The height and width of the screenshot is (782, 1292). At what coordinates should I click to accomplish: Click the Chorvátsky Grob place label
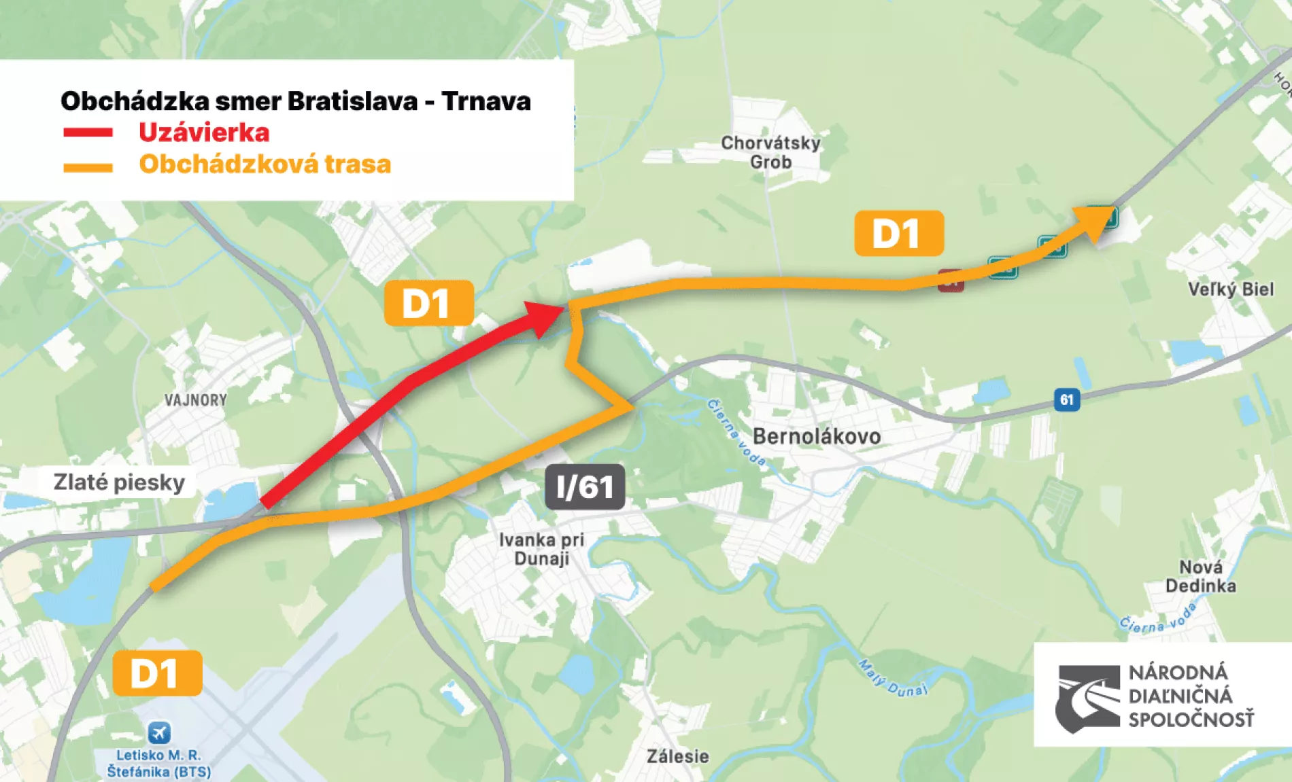[770, 152]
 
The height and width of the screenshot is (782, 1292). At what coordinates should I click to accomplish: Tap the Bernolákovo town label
[817, 436]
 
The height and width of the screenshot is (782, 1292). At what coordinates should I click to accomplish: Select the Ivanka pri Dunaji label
[541, 549]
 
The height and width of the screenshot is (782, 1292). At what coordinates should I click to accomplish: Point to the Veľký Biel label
[1231, 289]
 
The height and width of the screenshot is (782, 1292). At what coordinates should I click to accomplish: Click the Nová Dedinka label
[1200, 576]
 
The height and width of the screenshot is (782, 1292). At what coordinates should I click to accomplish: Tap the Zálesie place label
[677, 756]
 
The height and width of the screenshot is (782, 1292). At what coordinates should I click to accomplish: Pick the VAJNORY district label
[196, 400]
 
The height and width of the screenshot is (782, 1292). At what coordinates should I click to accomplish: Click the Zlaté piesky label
[119, 482]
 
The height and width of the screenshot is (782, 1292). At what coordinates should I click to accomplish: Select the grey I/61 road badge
[585, 486]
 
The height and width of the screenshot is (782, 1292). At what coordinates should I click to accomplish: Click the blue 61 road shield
[1066, 399]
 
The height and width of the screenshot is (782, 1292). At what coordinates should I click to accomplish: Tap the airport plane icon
[159, 733]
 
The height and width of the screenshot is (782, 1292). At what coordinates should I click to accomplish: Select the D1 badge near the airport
[157, 673]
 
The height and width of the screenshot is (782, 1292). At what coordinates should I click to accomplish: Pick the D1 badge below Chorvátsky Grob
[898, 233]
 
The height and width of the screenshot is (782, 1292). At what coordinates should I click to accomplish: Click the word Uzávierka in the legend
[204, 132]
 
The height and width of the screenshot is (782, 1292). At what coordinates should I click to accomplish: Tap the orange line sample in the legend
[88, 167]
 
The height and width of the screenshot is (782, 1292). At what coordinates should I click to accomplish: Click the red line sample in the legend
[88, 132]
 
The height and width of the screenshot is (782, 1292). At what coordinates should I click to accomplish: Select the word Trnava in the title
[486, 101]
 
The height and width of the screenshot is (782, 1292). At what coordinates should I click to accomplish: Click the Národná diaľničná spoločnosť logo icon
[1087, 698]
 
